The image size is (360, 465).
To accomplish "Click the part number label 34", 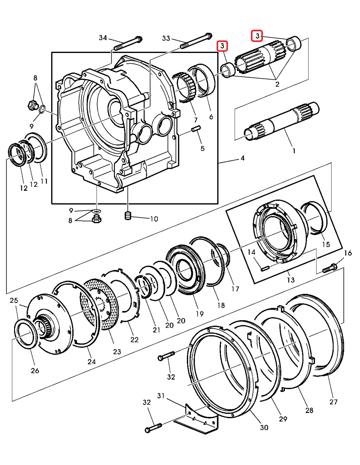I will [x=103, y=38].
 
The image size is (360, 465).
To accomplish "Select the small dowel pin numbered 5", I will [x=196, y=129].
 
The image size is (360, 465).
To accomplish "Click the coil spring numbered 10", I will [x=128, y=216].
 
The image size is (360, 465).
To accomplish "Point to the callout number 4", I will [x=242, y=158].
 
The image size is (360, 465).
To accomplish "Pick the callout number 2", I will [x=277, y=84].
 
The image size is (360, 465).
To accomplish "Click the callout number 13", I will [x=291, y=280].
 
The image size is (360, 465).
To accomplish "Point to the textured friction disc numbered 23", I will [x=100, y=304].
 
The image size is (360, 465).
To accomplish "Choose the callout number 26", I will [x=35, y=370].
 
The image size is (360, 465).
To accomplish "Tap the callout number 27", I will [x=333, y=402].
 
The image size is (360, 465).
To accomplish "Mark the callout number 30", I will [x=264, y=427].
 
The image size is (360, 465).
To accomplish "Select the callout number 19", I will [x=200, y=314].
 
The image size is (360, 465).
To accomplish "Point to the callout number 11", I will [x=44, y=181].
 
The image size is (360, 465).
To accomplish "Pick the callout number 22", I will [x=135, y=340].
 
